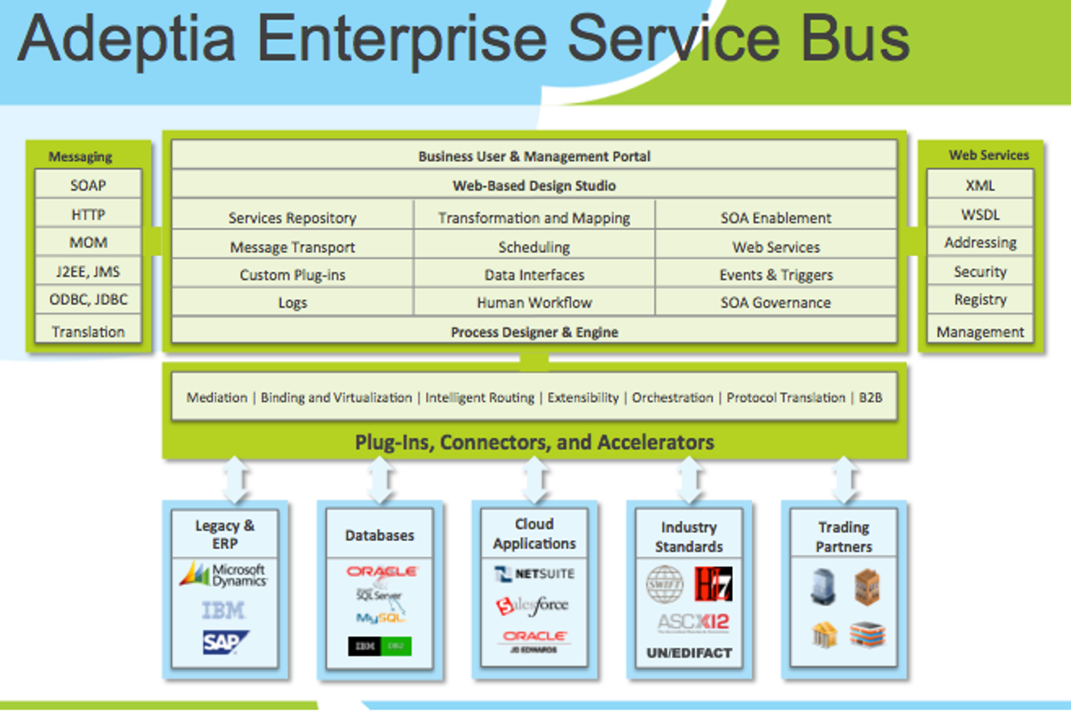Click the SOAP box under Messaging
click(88, 185)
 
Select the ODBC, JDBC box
click(88, 299)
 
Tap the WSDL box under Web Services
click(980, 215)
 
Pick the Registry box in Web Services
click(980, 299)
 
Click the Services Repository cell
click(292, 218)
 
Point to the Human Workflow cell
click(534, 302)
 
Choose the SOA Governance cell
click(775, 302)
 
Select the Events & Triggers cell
click(776, 275)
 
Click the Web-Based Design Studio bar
click(534, 185)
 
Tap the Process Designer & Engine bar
click(534, 332)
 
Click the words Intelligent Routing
click(480, 397)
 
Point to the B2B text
click(870, 397)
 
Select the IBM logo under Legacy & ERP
click(223, 610)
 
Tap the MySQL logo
click(380, 618)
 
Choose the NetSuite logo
click(534, 574)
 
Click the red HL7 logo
click(713, 583)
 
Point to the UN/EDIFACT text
click(689, 652)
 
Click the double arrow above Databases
click(380, 480)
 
